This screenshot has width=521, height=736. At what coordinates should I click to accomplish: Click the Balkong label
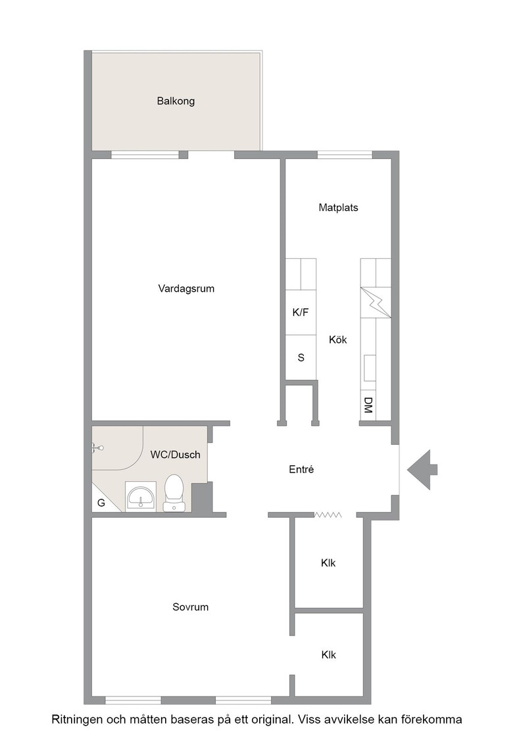(176, 101)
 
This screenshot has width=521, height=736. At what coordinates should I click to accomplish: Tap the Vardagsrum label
(186, 288)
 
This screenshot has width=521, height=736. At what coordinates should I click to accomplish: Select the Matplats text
(338, 208)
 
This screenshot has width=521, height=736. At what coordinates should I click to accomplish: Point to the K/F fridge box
(301, 312)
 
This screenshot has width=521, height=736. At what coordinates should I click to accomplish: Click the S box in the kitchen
(301, 357)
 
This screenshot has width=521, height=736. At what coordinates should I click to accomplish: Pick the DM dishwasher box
(368, 405)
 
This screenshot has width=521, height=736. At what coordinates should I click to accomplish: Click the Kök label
(337, 339)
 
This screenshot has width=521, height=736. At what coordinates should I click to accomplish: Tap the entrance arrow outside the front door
(422, 469)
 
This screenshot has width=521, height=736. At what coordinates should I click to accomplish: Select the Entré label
(301, 469)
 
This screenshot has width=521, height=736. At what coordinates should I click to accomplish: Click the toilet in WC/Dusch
(174, 493)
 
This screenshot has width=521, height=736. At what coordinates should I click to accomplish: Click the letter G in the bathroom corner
(101, 503)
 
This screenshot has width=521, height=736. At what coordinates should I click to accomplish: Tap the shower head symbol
(97, 448)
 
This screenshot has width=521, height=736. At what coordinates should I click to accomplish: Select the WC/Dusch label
(175, 454)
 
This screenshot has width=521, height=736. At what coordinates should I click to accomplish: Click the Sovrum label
(190, 607)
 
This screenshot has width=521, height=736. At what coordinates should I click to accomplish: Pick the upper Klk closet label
(328, 563)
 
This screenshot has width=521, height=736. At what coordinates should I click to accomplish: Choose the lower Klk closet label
(329, 655)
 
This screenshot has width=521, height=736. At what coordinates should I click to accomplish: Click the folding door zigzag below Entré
(328, 515)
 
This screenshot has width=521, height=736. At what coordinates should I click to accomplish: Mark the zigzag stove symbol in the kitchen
(376, 303)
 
